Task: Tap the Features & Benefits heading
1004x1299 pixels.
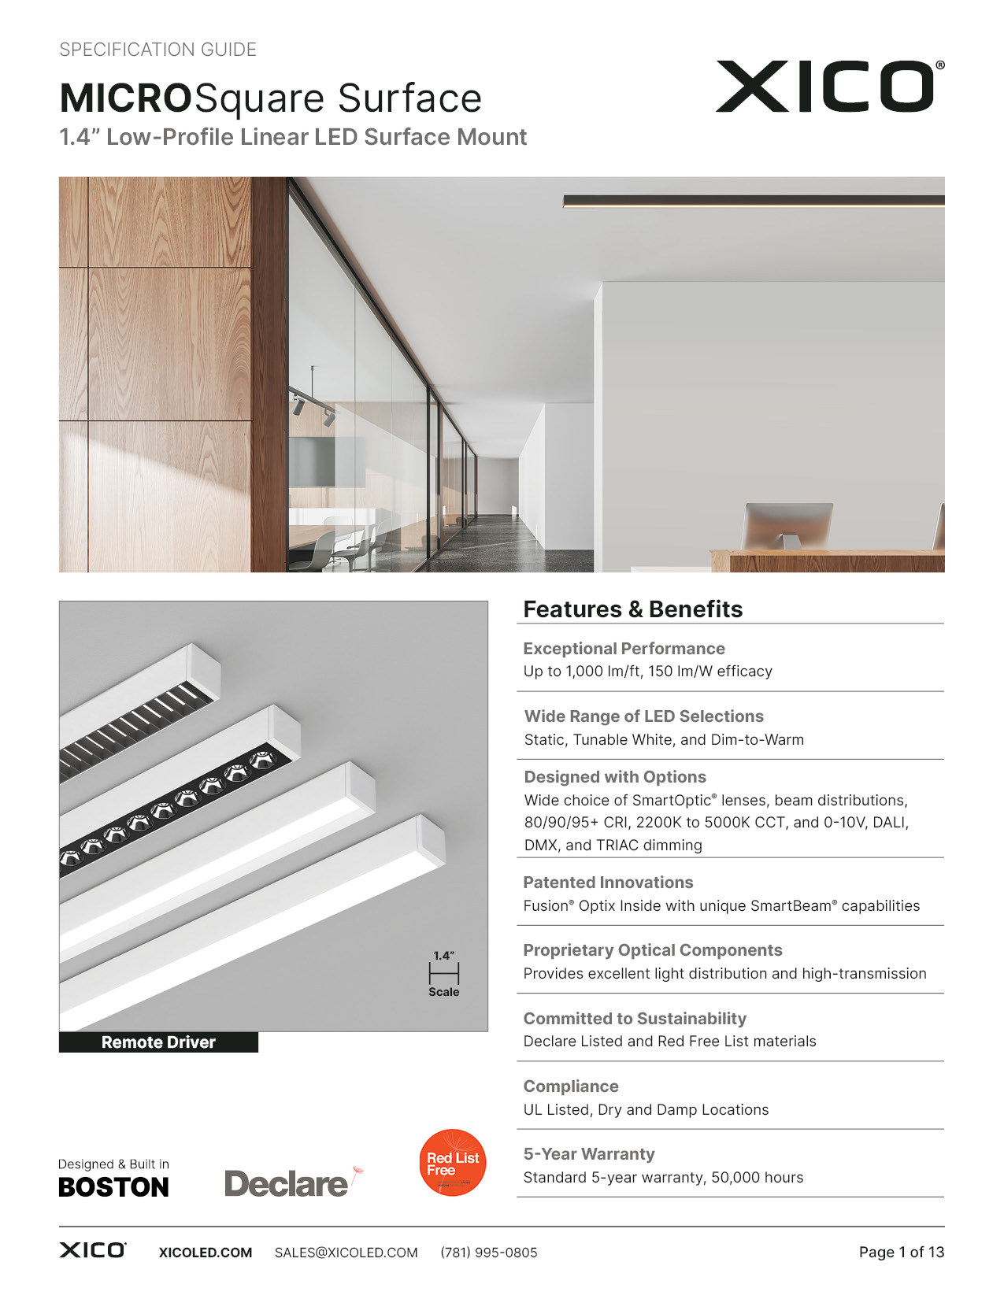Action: [x=632, y=609]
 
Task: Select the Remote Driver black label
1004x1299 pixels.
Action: [x=158, y=1042]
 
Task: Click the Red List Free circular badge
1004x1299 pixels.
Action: [x=453, y=1163]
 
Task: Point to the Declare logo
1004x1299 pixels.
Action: [x=287, y=1183]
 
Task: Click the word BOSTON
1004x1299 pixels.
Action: [x=114, y=1187]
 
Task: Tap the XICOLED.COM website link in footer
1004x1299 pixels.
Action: [x=206, y=1253]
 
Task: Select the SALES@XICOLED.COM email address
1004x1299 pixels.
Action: [x=346, y=1253]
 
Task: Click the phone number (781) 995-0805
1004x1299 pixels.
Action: [x=489, y=1253]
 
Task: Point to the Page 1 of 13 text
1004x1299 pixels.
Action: [x=901, y=1252]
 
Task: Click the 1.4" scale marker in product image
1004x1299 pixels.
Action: [x=444, y=973]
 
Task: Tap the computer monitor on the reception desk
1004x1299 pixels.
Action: [x=787, y=524]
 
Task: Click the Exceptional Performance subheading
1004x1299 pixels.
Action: [x=624, y=649]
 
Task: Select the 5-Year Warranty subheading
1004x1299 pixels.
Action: [x=589, y=1154]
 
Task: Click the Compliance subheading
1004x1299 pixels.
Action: [x=571, y=1086]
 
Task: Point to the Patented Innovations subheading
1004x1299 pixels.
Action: [x=608, y=883]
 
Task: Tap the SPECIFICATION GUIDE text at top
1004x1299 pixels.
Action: [x=158, y=50]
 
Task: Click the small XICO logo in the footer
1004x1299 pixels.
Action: [x=92, y=1250]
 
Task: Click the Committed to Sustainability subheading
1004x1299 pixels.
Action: [x=635, y=1019]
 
